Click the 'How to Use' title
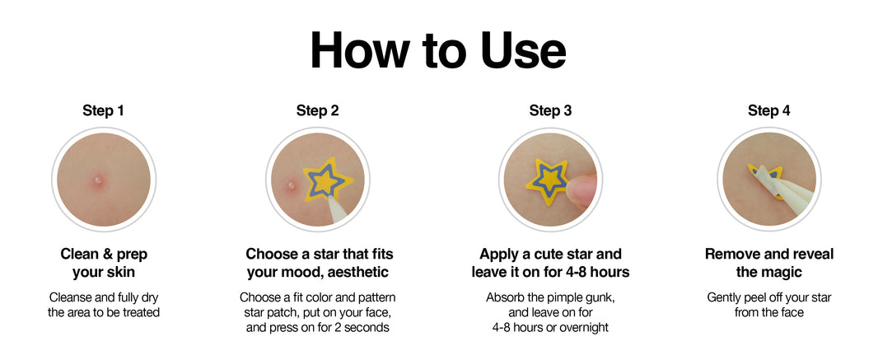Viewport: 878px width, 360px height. tap(438, 49)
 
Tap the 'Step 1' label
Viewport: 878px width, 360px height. tap(103, 111)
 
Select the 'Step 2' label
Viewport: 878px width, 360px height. tap(317, 111)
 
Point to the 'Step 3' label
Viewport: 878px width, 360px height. tap(550, 111)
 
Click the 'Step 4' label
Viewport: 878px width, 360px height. tap(768, 111)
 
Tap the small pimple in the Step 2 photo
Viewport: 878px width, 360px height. tap(291, 185)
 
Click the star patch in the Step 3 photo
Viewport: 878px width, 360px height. tap(548, 181)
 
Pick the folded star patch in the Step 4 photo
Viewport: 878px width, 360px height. tap(768, 178)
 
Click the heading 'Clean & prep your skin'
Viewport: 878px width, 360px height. tap(104, 263)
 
